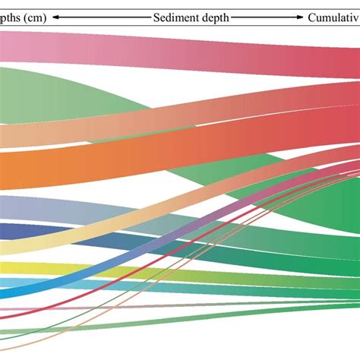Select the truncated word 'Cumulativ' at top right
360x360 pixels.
(333, 17)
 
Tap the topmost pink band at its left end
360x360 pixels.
(8, 46)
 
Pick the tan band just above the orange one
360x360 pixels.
(8, 135)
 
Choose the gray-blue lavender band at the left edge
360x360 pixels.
(8, 207)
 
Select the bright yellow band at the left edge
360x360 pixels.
(8, 267)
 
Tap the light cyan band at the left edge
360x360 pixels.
(8, 282)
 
